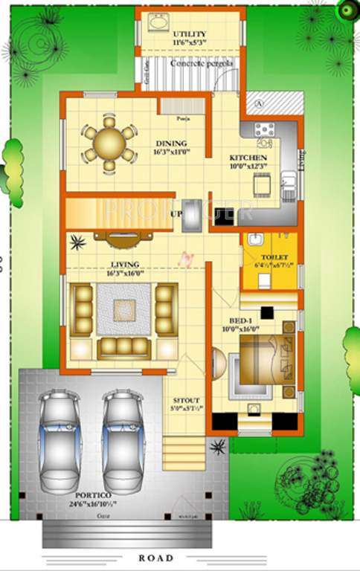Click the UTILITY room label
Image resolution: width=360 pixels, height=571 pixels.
tap(190, 35)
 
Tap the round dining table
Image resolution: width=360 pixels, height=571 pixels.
tap(109, 141)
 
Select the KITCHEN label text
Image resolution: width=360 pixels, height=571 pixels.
tap(248, 158)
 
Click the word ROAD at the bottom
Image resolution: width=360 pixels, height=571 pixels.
tap(155, 558)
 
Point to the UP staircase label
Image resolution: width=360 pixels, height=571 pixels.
tap(177, 214)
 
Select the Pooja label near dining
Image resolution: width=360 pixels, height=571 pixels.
tap(181, 118)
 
